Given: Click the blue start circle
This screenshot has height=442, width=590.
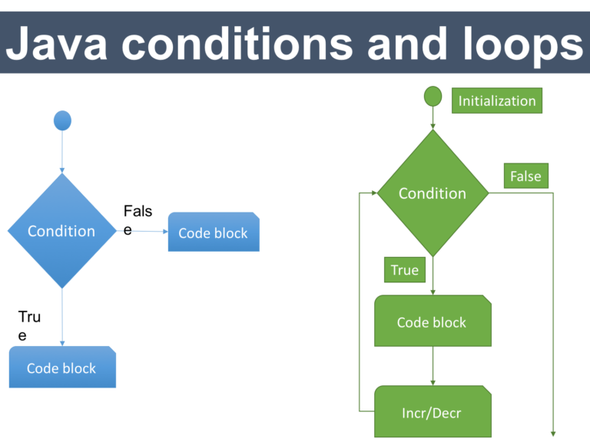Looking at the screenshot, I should pyautogui.click(x=62, y=120).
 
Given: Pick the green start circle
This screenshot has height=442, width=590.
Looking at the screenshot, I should pyautogui.click(x=433, y=96).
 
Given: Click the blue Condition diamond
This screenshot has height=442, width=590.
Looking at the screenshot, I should pyautogui.click(x=62, y=231).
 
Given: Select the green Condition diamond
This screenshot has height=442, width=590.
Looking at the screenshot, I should pyautogui.click(x=433, y=193).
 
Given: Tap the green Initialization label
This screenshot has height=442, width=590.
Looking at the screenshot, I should pyautogui.click(x=496, y=101).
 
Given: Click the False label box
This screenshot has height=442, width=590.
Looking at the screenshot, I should pyautogui.click(x=525, y=176).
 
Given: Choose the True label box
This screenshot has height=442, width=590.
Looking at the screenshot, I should pyautogui.click(x=404, y=269).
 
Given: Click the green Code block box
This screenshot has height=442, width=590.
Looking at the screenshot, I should pyautogui.click(x=433, y=321).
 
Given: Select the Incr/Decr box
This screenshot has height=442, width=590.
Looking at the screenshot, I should pyautogui.click(x=433, y=412).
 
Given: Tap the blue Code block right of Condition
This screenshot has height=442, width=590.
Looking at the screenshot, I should pyautogui.click(x=214, y=233).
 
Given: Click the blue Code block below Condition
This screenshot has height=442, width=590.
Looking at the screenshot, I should pyautogui.click(x=62, y=367).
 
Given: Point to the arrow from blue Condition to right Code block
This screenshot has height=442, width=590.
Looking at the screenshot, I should pyautogui.click(x=142, y=231).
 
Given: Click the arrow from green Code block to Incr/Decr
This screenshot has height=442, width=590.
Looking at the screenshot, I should pyautogui.click(x=433, y=366).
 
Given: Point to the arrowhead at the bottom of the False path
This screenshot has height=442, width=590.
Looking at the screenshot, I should pyautogui.click(x=553, y=433).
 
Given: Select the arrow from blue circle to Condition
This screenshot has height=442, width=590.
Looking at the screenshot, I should pyautogui.click(x=62, y=152).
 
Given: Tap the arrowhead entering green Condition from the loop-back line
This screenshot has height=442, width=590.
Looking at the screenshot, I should pyautogui.click(x=373, y=193).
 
